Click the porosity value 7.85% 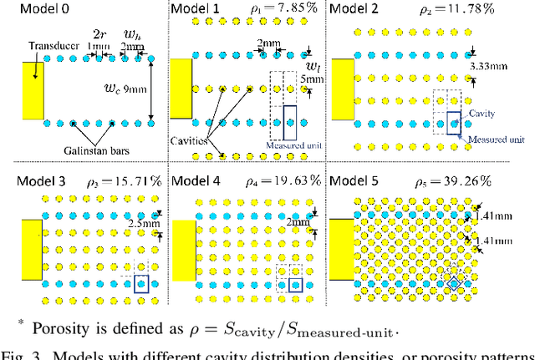(x=284, y=10)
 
